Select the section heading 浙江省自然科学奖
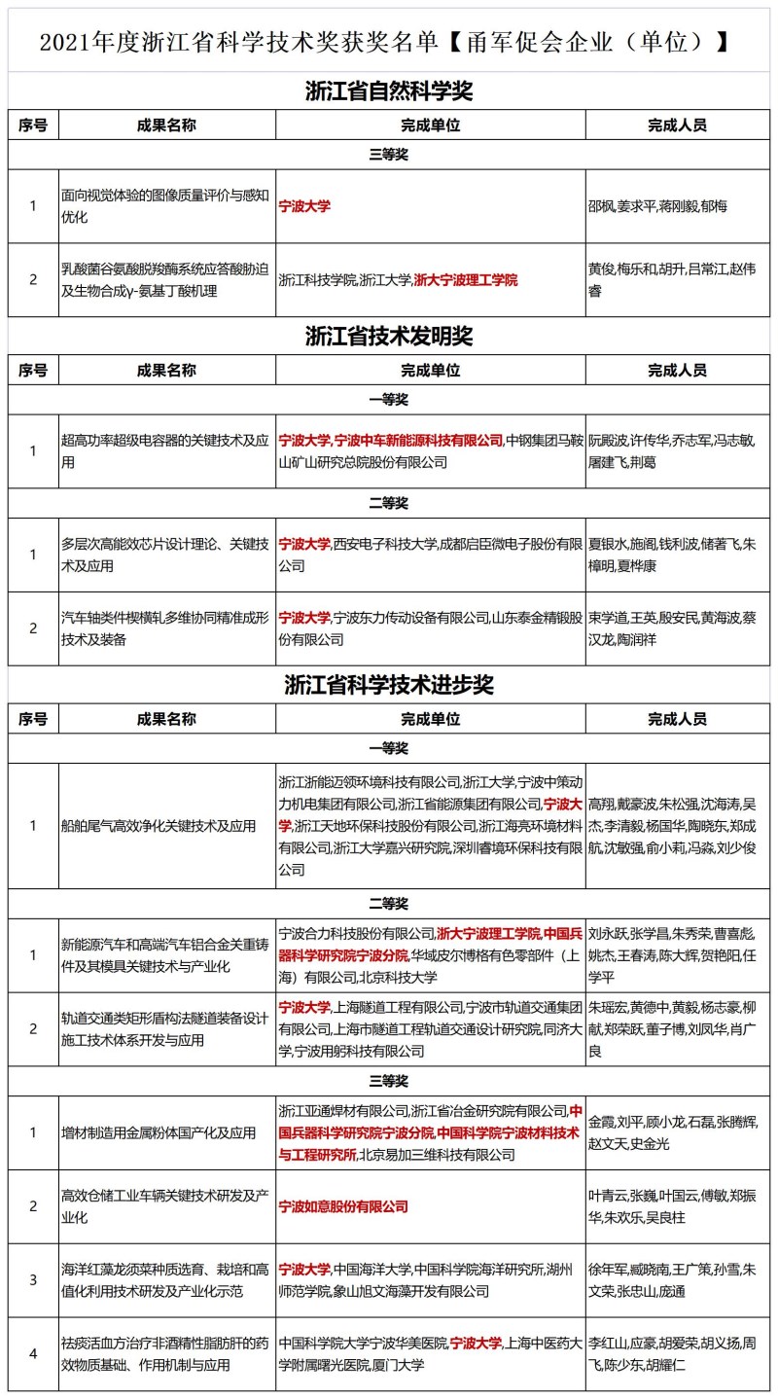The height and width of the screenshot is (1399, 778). click(388, 92)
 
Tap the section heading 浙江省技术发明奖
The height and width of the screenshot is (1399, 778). click(388, 337)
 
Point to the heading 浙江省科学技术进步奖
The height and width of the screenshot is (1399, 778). click(388, 684)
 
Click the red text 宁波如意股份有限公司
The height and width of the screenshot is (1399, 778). click(343, 1206)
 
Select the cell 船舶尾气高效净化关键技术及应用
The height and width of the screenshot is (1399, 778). click(159, 826)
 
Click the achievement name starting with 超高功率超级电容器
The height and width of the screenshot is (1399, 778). click(165, 450)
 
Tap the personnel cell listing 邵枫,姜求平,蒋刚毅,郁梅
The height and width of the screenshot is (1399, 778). click(658, 206)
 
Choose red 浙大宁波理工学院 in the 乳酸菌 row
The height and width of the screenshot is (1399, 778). click(465, 280)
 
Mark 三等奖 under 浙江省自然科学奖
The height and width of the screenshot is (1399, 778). click(388, 155)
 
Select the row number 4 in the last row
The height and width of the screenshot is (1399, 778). click(33, 1353)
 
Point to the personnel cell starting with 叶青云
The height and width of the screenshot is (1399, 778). click(672, 1206)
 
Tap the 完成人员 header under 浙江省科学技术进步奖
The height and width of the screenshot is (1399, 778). click(677, 719)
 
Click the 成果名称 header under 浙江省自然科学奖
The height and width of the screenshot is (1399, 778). click(166, 126)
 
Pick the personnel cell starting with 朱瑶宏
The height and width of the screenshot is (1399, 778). click(672, 1028)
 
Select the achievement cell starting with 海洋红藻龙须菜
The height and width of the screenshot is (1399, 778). click(165, 1280)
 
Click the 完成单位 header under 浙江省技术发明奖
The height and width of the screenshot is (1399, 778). click(430, 371)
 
